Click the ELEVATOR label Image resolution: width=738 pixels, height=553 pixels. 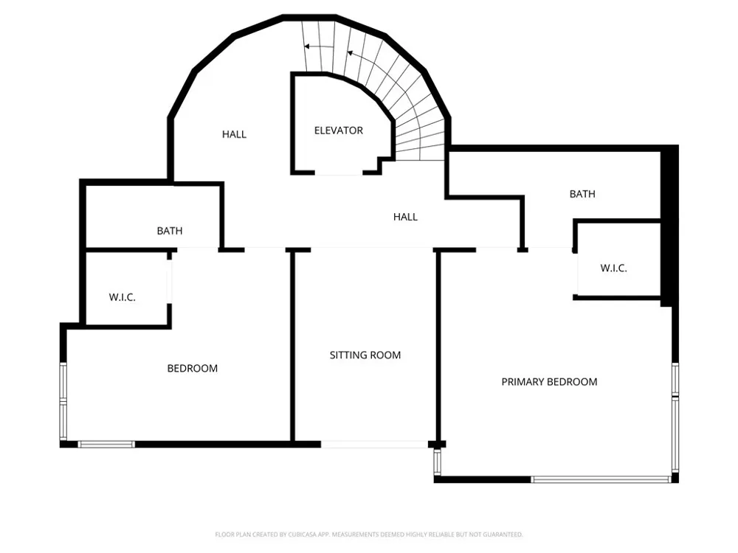click(339, 131)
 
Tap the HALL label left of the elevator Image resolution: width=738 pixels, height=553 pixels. click(234, 134)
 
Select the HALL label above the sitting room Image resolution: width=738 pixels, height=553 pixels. click(405, 217)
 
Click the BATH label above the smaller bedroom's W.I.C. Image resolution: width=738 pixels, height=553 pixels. click(170, 231)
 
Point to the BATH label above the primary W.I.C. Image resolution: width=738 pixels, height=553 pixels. click(582, 194)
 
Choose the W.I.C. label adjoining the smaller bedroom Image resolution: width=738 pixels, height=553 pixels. click(123, 297)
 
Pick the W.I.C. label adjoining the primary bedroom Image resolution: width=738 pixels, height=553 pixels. click(613, 268)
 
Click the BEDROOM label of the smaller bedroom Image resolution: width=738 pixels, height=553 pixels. click(193, 368)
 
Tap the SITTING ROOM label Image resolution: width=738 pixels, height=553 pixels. click(365, 355)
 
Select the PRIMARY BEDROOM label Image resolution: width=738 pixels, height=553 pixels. click(549, 382)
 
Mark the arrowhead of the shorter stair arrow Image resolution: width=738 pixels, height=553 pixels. click(306, 46)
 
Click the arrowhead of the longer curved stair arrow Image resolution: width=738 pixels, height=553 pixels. click(350, 52)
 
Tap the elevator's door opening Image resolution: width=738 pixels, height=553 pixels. click(339, 173)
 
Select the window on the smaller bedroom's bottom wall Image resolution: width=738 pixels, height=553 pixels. click(106, 444)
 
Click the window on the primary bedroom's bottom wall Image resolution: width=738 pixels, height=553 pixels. click(601, 480)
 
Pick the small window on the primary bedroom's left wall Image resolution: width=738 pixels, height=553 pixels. click(437, 462)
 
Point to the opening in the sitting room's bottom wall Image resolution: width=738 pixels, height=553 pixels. click(375, 444)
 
